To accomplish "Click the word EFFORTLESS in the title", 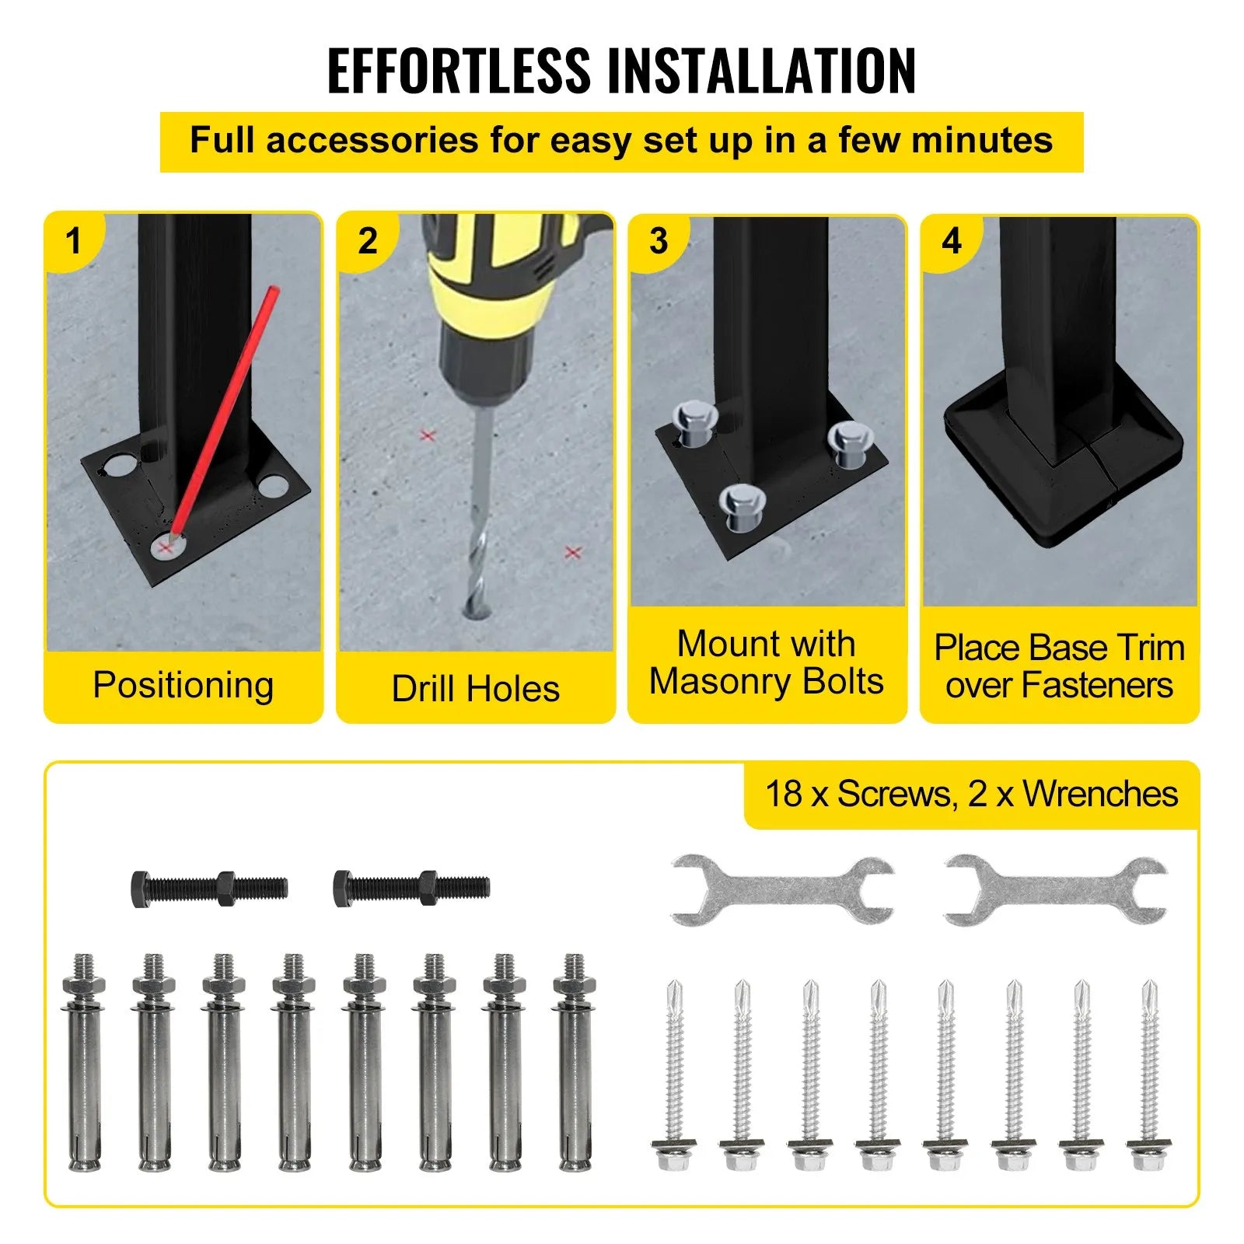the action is (459, 71).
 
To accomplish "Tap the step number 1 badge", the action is (74, 241).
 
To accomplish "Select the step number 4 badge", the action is (951, 241).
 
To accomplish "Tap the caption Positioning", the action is (183, 686).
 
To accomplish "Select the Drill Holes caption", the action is (475, 688).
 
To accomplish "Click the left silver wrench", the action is (782, 890).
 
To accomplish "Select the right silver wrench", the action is (1056, 890).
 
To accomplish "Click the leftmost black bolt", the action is (209, 887).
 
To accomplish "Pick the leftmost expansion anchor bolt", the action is (84, 1062).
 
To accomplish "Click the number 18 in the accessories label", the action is (784, 794).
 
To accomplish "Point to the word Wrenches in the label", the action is (1100, 794).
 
